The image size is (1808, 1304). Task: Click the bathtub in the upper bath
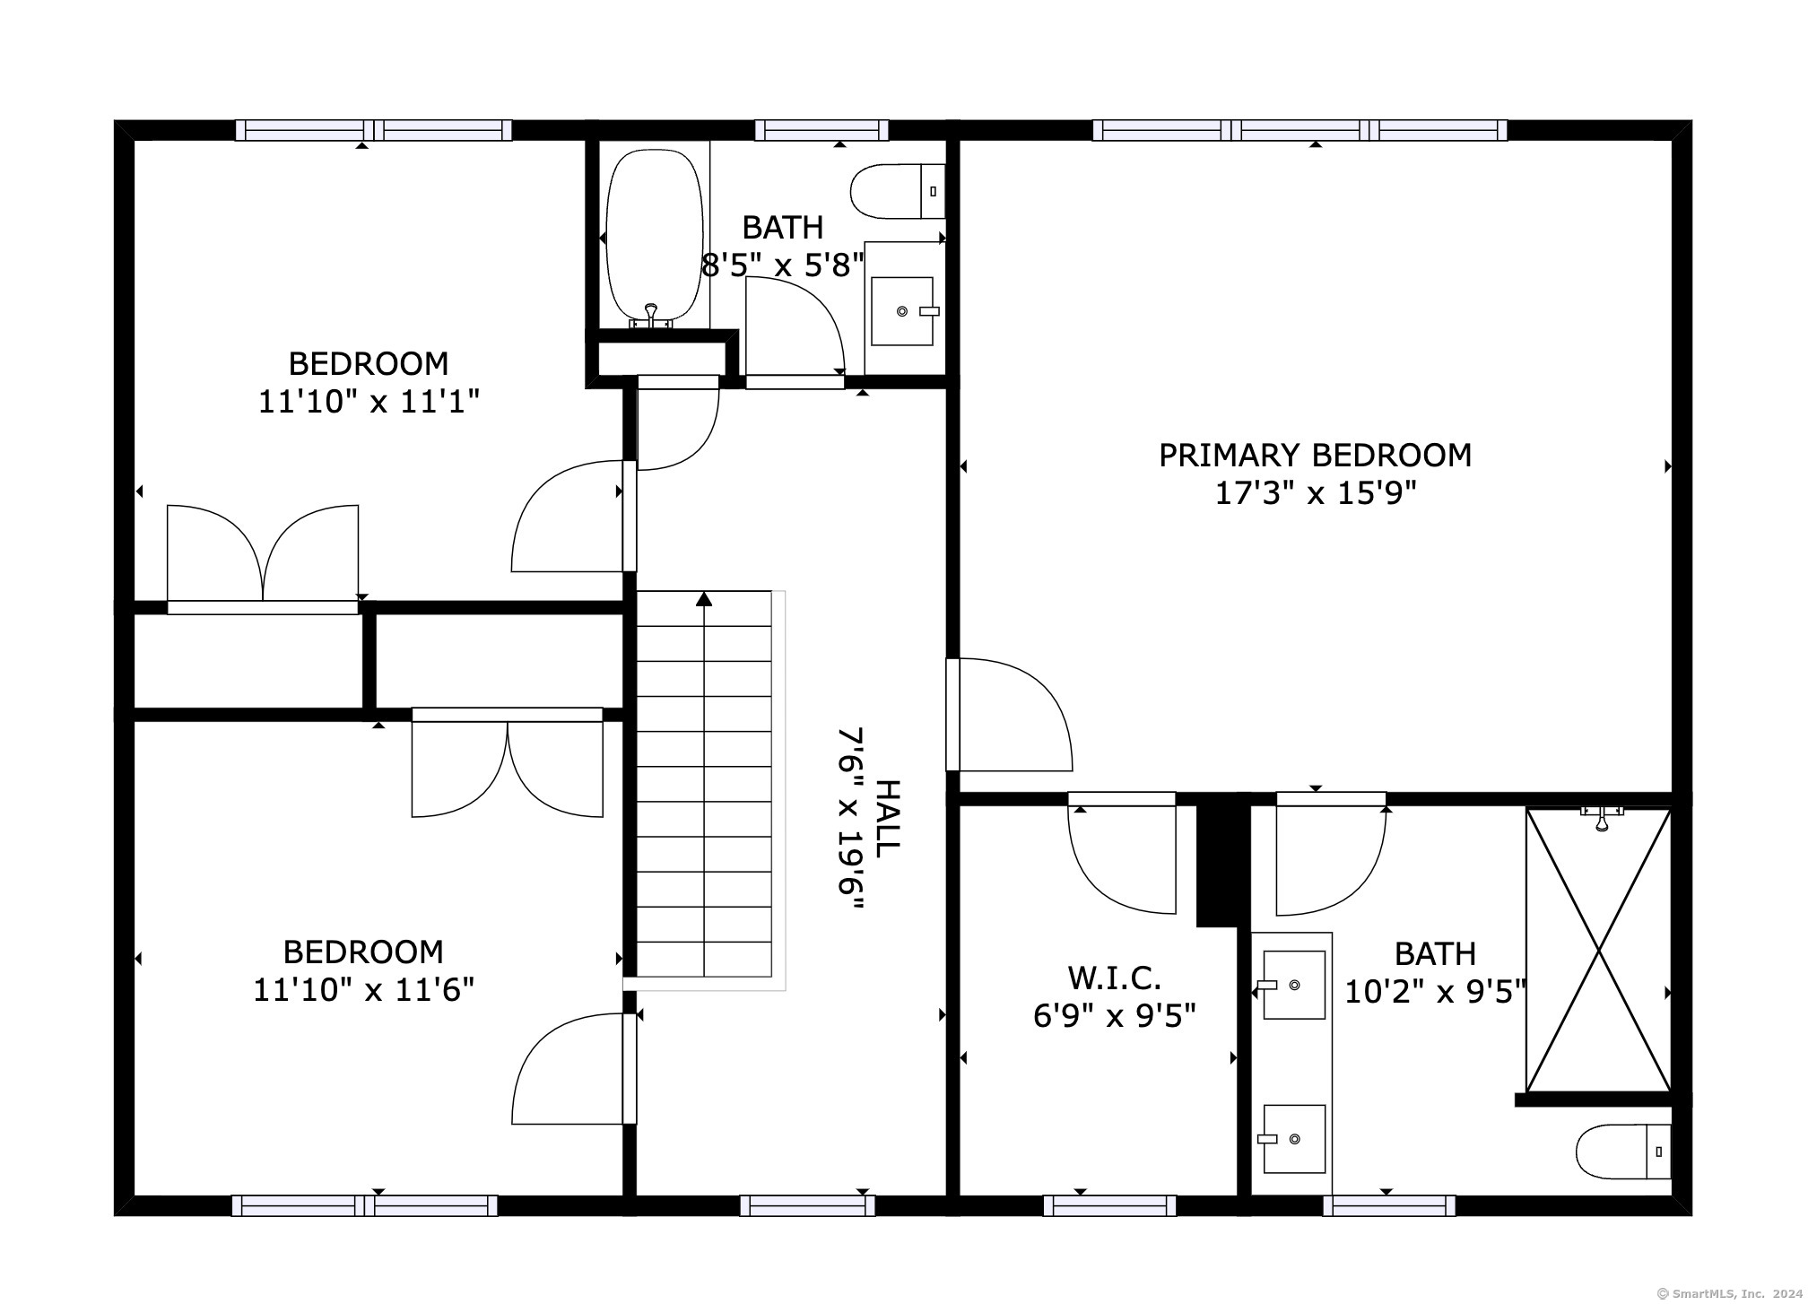click(x=654, y=238)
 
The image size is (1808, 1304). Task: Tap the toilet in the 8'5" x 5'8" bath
click(x=897, y=191)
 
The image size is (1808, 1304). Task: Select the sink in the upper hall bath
click(x=902, y=311)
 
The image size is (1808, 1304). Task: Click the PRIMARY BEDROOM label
click(x=1315, y=456)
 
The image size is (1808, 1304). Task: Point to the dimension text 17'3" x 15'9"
click(x=1315, y=493)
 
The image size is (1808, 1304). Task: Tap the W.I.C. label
click(x=1115, y=977)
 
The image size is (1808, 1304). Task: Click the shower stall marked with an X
click(x=1598, y=950)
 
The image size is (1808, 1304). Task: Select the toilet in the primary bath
click(x=1624, y=1152)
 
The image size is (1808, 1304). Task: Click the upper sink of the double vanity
click(x=1294, y=985)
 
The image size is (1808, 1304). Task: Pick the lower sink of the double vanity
click(x=1294, y=1139)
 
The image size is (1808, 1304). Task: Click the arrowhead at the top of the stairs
click(x=704, y=598)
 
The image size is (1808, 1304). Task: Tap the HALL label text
click(x=886, y=819)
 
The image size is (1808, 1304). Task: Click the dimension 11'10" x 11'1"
click(x=369, y=401)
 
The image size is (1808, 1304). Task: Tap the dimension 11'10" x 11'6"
click(x=364, y=990)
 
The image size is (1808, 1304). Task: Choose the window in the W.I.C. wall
click(x=1109, y=1205)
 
